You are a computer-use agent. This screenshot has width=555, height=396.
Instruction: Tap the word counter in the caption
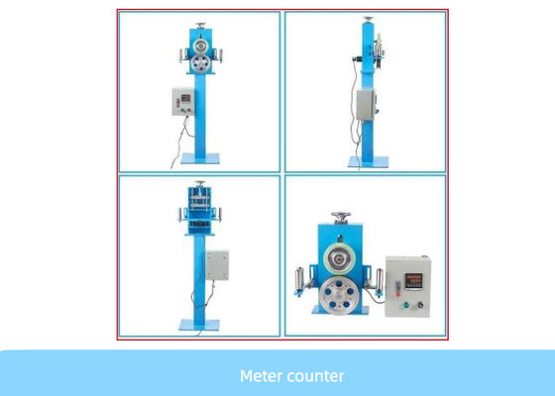[314, 376]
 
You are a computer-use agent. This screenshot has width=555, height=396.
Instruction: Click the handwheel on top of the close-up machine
[341, 217]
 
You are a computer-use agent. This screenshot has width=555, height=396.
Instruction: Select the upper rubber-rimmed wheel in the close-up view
[339, 258]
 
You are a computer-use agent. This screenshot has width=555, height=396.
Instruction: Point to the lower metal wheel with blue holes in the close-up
[338, 296]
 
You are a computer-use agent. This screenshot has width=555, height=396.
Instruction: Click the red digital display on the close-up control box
[413, 281]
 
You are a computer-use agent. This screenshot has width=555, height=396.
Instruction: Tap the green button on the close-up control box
[406, 305]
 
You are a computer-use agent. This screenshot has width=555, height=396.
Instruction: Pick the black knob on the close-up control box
[420, 305]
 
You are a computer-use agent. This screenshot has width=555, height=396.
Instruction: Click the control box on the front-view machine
[183, 101]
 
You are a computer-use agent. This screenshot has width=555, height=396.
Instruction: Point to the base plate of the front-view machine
[200, 158]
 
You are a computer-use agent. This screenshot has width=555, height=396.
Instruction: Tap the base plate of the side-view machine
[368, 162]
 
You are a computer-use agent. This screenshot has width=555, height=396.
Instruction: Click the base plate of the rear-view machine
[199, 325]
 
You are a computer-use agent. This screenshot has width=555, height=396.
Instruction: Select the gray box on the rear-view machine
[217, 265]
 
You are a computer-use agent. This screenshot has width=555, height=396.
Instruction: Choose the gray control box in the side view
[366, 105]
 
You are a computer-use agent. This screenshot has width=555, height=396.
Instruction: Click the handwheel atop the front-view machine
[200, 25]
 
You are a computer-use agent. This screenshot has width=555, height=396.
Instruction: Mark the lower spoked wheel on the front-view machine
[200, 64]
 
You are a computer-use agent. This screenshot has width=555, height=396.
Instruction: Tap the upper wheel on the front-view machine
[200, 47]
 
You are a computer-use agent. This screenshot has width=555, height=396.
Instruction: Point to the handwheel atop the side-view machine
[369, 19]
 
